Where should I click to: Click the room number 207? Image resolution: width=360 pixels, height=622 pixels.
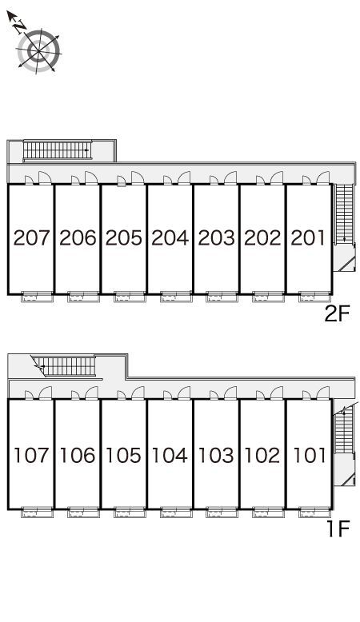click(31, 237)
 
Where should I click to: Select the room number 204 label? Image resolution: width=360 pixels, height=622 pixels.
click(170, 237)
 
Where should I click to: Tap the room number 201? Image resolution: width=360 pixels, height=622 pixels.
click(308, 237)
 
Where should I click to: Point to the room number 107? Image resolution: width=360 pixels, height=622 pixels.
click(31, 455)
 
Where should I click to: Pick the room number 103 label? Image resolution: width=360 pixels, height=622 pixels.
click(216, 455)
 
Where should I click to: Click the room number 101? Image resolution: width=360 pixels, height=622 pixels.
click(309, 455)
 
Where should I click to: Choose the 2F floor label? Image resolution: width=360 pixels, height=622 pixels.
click(337, 314)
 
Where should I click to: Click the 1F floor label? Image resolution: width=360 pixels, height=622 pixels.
click(338, 528)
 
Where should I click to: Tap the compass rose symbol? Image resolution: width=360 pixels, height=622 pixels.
click(38, 51)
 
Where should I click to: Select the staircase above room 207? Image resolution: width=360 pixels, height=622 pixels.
click(57, 150)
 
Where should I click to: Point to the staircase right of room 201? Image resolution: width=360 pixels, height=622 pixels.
click(344, 213)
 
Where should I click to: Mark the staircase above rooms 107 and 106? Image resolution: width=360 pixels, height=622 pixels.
click(66, 366)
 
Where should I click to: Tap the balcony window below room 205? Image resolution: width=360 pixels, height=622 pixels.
click(130, 297)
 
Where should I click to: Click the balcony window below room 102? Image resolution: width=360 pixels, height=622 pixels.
click(268, 512)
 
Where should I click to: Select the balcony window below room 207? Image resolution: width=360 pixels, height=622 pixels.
click(37, 297)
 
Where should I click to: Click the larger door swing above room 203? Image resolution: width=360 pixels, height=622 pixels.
click(230, 177)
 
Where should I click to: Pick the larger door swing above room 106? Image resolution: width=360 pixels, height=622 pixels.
click(91, 393)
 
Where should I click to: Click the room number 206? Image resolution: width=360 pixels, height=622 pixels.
click(78, 237)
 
